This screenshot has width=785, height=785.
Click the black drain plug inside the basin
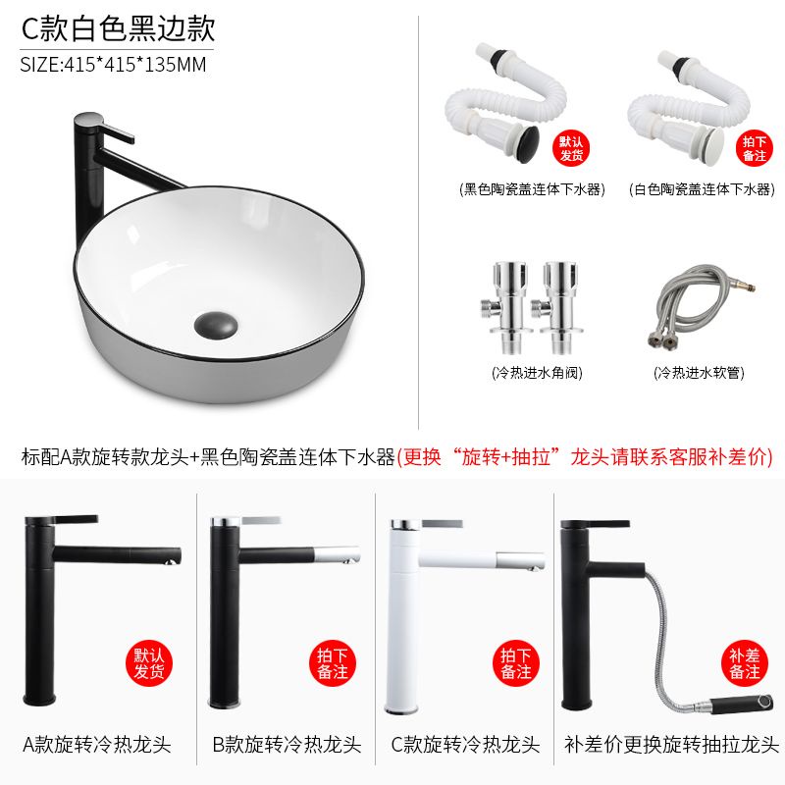coord(216,326)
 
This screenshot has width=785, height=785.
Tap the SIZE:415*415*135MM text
coord(113,65)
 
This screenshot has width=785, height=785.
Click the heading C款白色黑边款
coord(118,28)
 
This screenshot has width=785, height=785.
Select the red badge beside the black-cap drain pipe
coord(571,148)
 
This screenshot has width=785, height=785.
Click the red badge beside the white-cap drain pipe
coord(755,148)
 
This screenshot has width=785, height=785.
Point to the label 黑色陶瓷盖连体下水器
coord(532,189)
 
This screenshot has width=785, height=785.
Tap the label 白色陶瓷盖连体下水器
coord(702,189)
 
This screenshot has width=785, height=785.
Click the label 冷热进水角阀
coord(537,373)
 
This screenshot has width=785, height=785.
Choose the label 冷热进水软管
coord(699,373)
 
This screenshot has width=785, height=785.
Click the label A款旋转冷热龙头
coord(97,745)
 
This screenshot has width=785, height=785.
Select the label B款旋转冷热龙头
coord(287,745)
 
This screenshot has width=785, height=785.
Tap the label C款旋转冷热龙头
coord(465,745)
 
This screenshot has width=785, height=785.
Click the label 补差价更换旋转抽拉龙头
coord(671,745)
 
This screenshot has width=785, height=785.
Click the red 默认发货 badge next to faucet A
coord(149,663)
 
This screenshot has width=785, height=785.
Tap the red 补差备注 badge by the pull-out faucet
coord(745,663)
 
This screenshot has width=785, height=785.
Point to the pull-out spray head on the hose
coord(743,702)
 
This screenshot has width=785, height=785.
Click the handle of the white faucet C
coord(442,524)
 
